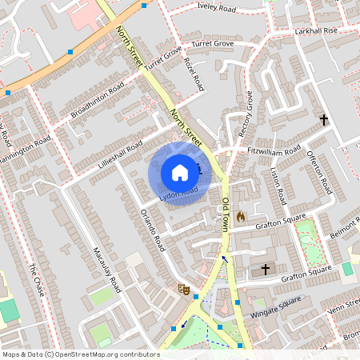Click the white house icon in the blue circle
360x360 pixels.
[x=179, y=172]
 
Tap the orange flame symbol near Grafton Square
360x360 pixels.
[x=240, y=216]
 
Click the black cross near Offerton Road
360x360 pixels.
[x=324, y=120]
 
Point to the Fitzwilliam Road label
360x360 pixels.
[x=274, y=151]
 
